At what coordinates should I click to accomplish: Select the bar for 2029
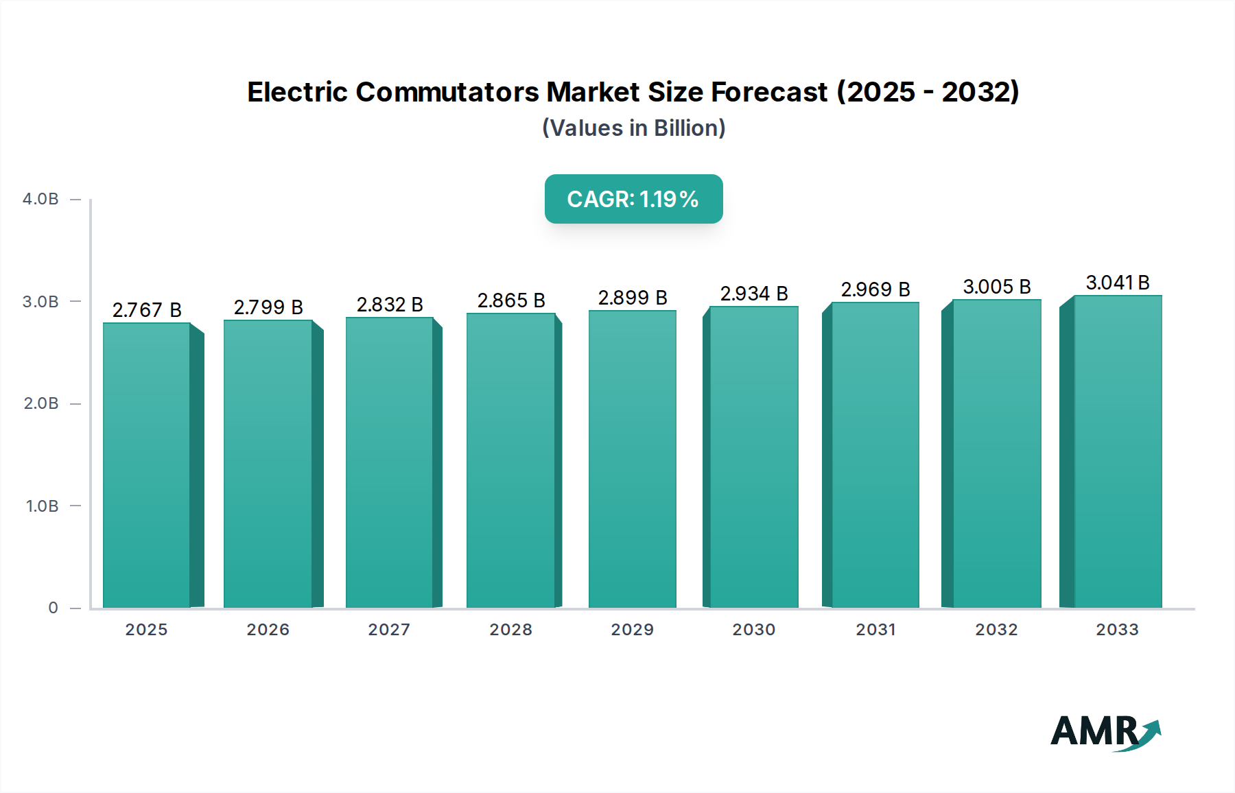[633, 459]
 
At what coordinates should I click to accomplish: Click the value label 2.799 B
[268, 307]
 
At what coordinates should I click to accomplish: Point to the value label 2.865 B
[511, 300]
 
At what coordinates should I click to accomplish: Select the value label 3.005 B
[997, 287]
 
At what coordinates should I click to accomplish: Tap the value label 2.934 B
[754, 294]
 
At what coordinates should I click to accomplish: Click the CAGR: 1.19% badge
[633, 199]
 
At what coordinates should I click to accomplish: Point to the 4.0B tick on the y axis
[41, 199]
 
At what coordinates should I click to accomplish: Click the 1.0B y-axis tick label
[42, 506]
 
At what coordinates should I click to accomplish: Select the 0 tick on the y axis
[53, 608]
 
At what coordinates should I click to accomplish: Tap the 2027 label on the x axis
[389, 630]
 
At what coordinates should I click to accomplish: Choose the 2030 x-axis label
[754, 630]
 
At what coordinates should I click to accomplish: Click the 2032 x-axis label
[997, 630]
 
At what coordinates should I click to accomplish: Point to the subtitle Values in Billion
[633, 128]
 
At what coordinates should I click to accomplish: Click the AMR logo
[1105, 732]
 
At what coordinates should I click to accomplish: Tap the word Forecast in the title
[769, 92]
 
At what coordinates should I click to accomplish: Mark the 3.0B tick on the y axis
[41, 302]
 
